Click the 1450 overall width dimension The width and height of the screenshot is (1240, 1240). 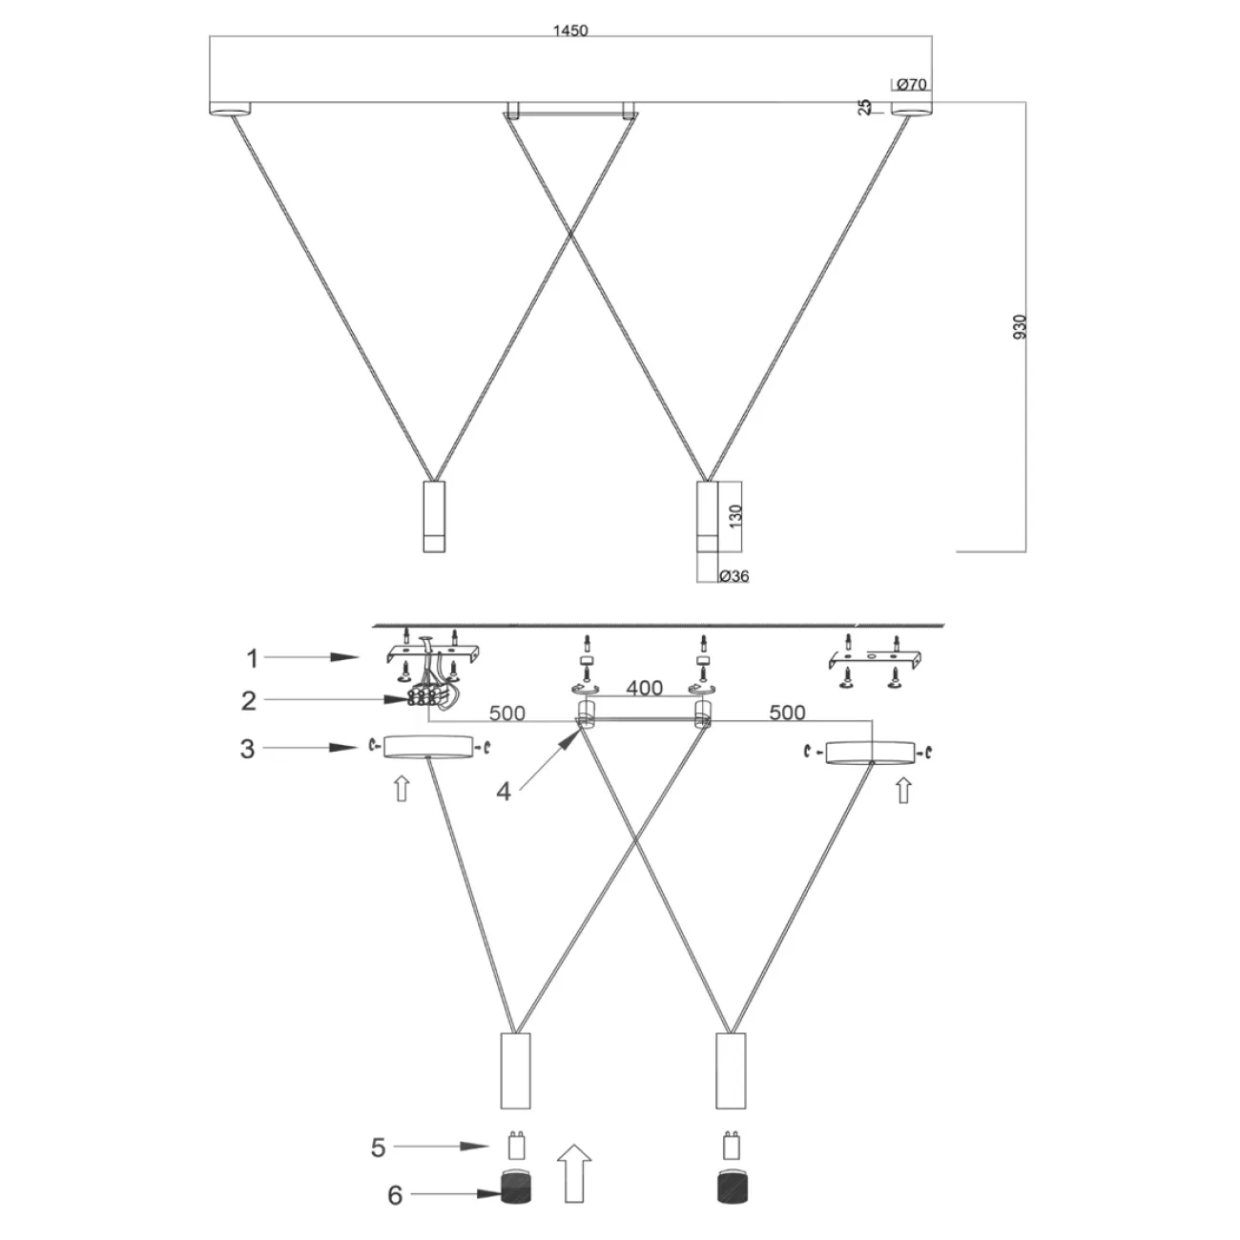click(570, 30)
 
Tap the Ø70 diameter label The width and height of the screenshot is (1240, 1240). click(912, 85)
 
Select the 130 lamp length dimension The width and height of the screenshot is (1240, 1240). click(734, 516)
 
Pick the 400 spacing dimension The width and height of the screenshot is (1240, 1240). click(644, 689)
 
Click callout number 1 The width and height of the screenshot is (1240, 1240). click(252, 657)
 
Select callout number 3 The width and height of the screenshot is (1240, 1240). click(247, 749)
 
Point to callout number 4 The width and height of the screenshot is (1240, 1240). click(503, 791)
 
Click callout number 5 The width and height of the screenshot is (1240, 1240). click(378, 1147)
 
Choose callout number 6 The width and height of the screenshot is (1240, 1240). click(395, 1194)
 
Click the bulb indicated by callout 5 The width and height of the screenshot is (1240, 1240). click(516, 1143)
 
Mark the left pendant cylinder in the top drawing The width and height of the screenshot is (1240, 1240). click(434, 516)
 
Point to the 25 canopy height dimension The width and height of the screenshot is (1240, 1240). click(865, 107)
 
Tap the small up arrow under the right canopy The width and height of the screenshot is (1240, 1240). click(903, 790)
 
